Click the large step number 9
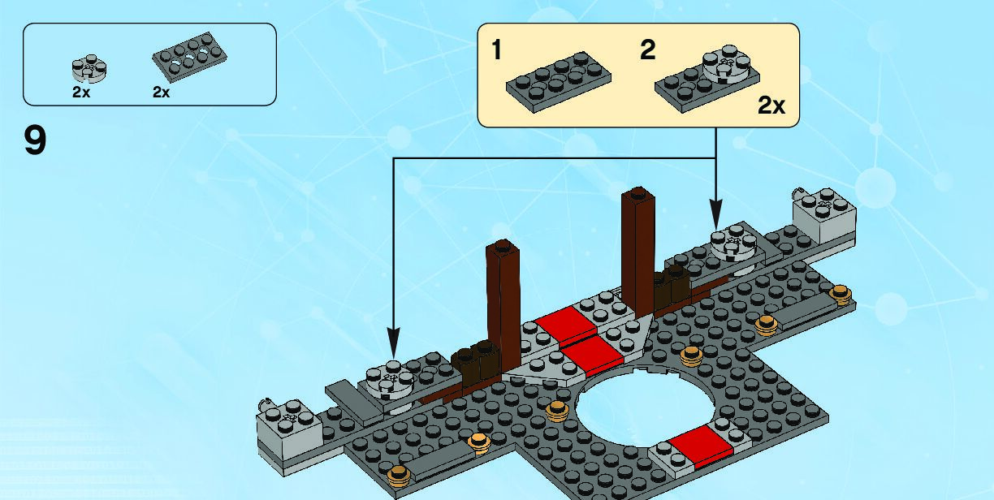coord(36,140)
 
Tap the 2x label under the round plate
coord(81,93)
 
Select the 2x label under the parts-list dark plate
coord(162,93)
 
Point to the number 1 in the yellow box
coord(496,50)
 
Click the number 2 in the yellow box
coord(647,50)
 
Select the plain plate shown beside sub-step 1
coord(558,82)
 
